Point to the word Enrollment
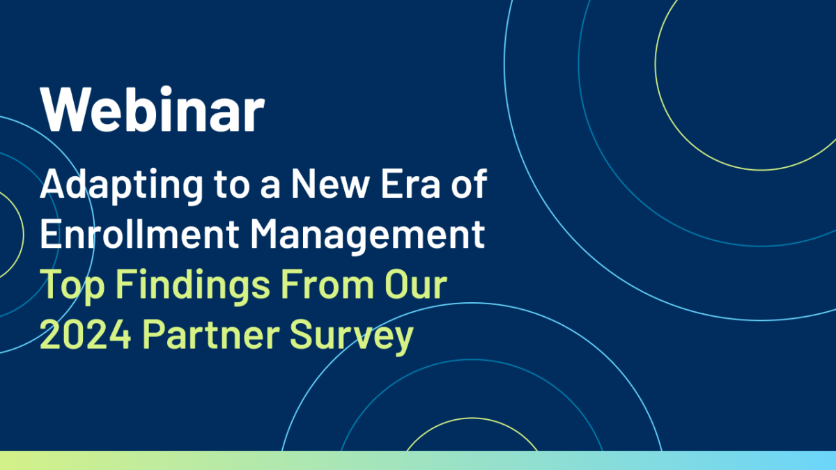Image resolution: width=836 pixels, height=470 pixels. pyautogui.click(x=139, y=233)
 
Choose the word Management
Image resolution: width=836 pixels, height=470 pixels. pyautogui.click(x=368, y=237)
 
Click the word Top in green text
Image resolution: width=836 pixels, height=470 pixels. pyautogui.click(x=72, y=287)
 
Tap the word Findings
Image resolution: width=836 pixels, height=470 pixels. pyautogui.click(x=193, y=287)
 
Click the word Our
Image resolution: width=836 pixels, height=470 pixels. pyautogui.click(x=416, y=284)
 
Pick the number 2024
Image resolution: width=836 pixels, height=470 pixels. pyautogui.click(x=86, y=334)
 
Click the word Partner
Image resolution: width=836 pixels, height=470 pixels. pyautogui.click(x=211, y=334)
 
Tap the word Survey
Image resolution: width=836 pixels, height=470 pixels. pyautogui.click(x=352, y=338)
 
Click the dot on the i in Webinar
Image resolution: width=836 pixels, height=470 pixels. pyautogui.click(x=166, y=91)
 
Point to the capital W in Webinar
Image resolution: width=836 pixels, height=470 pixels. pyautogui.click(x=65, y=109)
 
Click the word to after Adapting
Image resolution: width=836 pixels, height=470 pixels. pyautogui.click(x=231, y=185)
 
